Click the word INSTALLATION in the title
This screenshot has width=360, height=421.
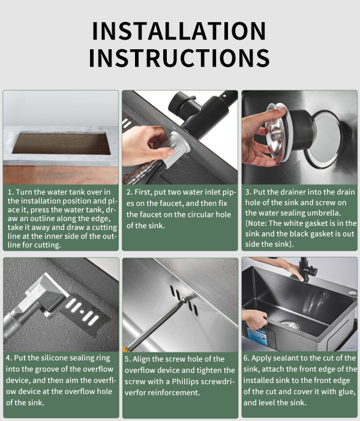[179, 31]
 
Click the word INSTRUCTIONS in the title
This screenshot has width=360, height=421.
[179, 58]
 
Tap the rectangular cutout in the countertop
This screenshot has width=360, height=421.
[61, 143]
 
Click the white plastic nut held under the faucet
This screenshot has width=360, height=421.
[175, 148]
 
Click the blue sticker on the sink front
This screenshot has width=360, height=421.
[257, 336]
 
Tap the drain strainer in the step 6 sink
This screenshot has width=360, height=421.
[290, 325]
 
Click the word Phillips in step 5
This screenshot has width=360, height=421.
[185, 381]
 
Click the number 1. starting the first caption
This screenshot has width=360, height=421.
[11, 192]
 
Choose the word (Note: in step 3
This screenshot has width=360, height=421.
[256, 223]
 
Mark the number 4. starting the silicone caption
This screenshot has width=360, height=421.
[9, 358]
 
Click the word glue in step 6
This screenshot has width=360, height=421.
[346, 392]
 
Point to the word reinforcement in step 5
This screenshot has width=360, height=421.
[173, 393]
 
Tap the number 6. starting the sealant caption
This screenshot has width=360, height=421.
[247, 358]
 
